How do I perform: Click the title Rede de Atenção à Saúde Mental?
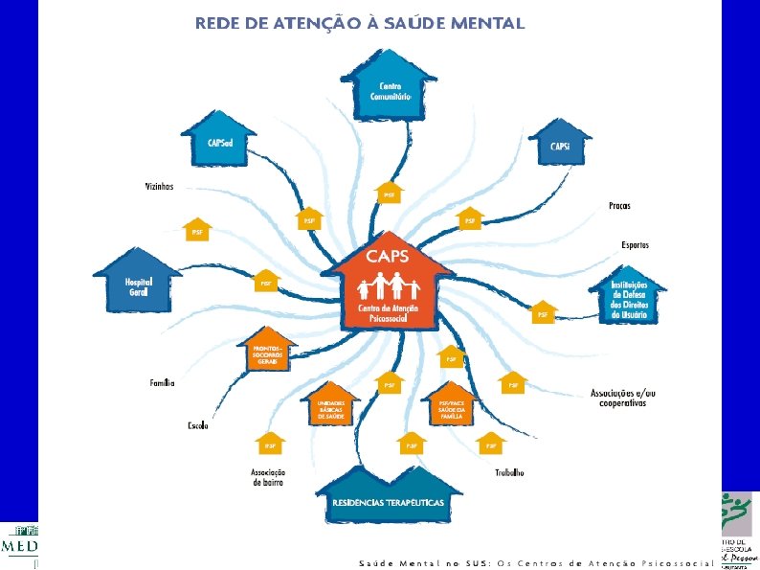(x=359, y=24)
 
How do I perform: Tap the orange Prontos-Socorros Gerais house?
(x=265, y=352)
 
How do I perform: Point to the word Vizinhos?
(x=159, y=187)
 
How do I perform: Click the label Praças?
(x=620, y=206)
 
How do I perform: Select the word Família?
(x=162, y=383)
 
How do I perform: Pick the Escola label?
(x=198, y=425)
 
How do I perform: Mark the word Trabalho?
(x=509, y=473)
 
